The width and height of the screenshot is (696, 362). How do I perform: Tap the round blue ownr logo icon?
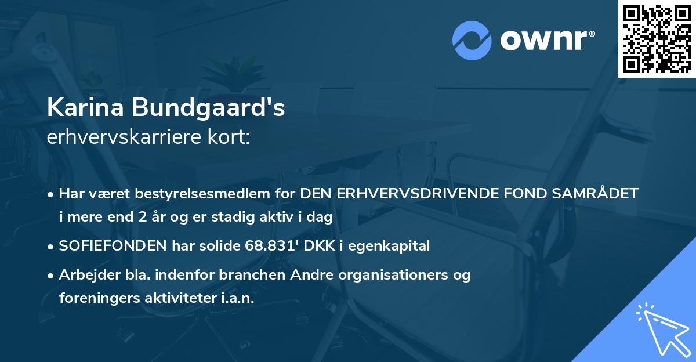(472, 40)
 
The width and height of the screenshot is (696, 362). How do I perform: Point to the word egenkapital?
(395, 246)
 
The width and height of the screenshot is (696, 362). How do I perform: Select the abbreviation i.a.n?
(239, 298)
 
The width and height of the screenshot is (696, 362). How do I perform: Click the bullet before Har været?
(52, 194)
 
